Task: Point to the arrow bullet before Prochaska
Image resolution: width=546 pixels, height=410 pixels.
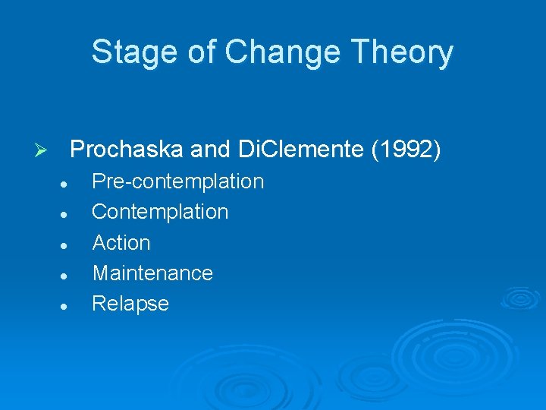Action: click(x=42, y=151)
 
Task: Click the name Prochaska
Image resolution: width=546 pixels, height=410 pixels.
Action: click(x=126, y=150)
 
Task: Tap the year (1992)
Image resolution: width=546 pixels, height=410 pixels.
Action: click(x=406, y=150)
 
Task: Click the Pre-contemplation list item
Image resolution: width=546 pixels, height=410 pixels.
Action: click(x=177, y=181)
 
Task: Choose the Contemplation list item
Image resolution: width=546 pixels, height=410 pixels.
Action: click(x=160, y=212)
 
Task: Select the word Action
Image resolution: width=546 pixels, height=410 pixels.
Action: click(x=121, y=243)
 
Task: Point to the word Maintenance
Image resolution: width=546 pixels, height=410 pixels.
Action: click(x=152, y=273)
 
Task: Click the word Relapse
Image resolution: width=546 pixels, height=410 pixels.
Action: click(x=130, y=304)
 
